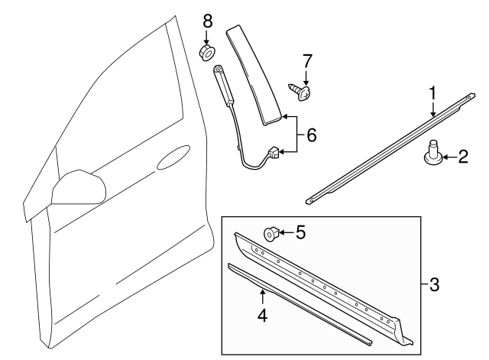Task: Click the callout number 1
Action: [x=432, y=93]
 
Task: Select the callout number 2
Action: [x=463, y=157]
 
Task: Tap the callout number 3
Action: [x=434, y=286]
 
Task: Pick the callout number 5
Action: [x=300, y=232]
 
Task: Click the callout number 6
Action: [x=310, y=136]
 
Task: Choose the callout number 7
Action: [x=307, y=60]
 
